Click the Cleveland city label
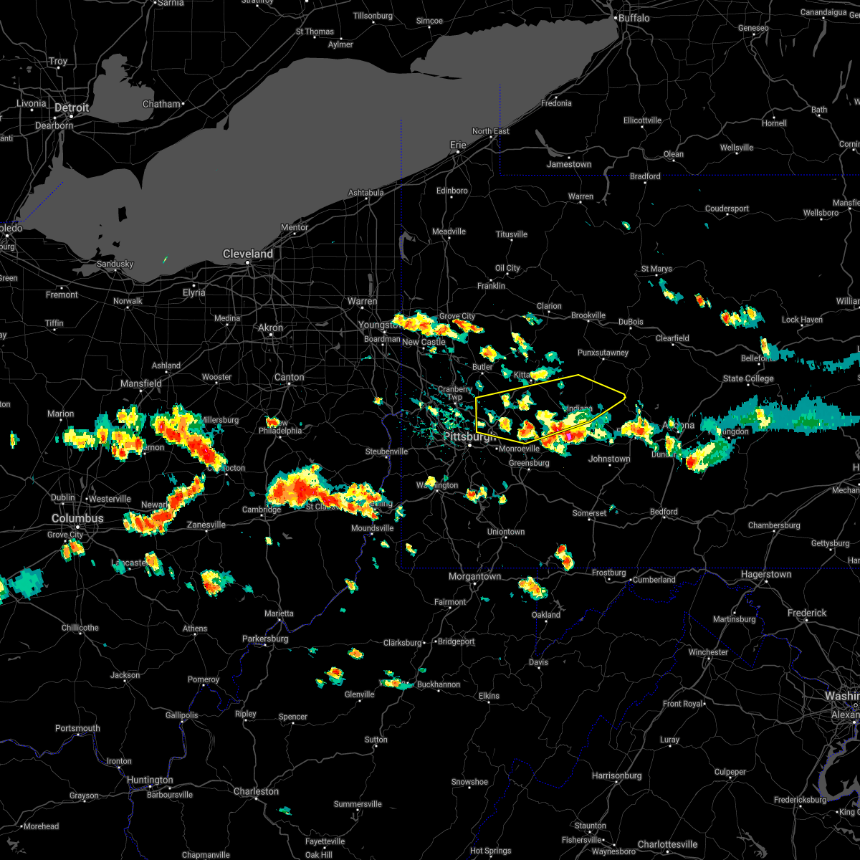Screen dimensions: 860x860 247,254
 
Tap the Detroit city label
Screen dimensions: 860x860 72,108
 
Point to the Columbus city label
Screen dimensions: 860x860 77,518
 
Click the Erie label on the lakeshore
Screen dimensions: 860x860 458,145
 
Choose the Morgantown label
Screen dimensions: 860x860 474,577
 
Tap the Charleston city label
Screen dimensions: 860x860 256,792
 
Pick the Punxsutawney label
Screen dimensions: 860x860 603,353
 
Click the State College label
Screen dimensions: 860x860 748,379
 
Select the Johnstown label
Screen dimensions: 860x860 609,459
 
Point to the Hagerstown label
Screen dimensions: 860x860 766,575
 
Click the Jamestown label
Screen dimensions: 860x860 569,165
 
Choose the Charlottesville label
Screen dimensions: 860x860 668,844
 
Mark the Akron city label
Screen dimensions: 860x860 271,328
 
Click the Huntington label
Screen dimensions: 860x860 150,780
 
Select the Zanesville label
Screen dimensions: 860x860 206,525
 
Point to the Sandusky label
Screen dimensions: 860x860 115,264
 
